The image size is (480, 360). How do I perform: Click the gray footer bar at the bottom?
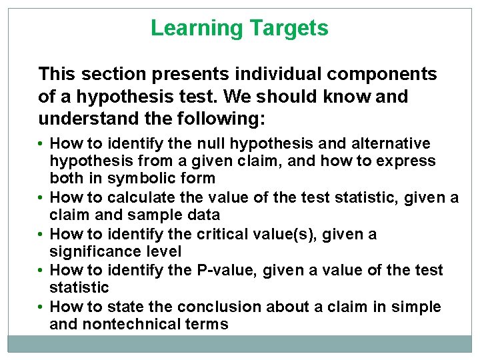(x=240, y=343)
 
